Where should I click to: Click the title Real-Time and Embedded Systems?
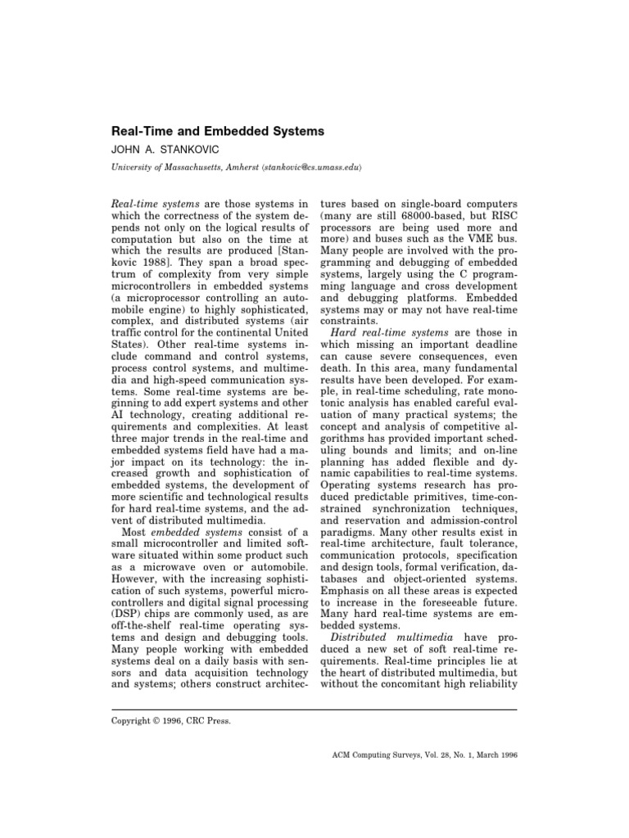[x=218, y=131]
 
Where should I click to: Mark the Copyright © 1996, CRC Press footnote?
[x=170, y=721]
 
